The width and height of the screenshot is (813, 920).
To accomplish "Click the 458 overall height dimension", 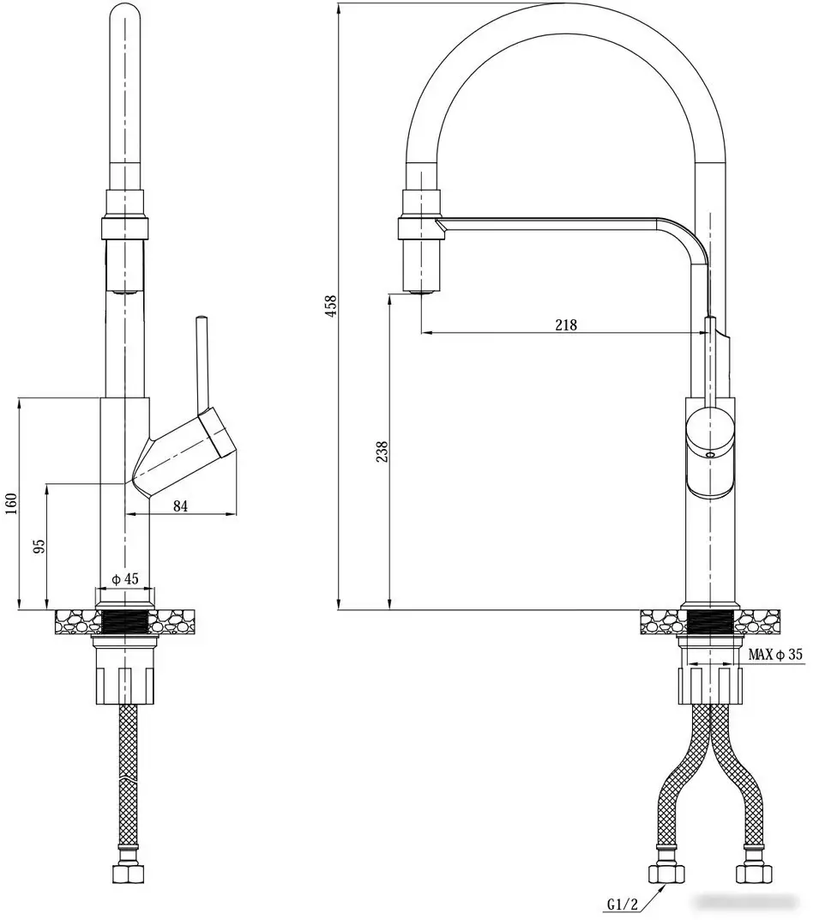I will pos(331,306).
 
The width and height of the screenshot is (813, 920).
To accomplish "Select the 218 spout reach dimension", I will pos(566,324).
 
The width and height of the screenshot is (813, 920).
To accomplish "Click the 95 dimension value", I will pos(39,547).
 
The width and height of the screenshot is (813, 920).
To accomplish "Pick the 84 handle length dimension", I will pos(180,506).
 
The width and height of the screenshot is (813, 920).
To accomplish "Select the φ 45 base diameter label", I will pos(125,578).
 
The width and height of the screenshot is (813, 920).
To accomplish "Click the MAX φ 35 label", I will pos(775,655).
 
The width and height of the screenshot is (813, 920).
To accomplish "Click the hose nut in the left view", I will pos(126,875).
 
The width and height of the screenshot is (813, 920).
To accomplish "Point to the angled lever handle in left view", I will pos(184,450).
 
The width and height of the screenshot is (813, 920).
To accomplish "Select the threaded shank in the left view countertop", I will pos(126,620).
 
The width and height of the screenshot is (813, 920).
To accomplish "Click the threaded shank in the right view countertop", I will pos(708,620).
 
